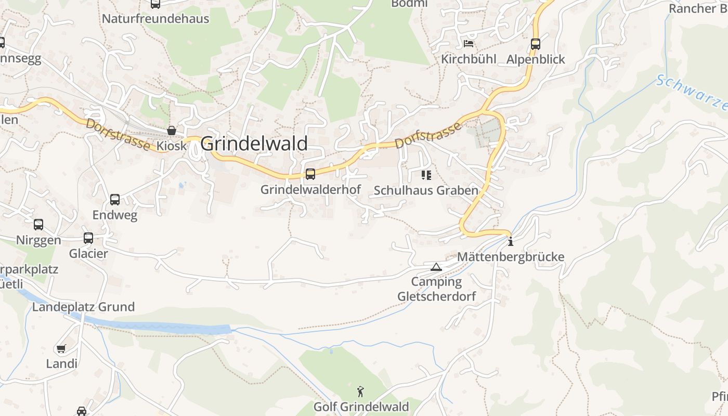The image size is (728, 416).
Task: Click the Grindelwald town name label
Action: click(x=254, y=144)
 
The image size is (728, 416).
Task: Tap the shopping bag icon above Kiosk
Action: click(x=172, y=131)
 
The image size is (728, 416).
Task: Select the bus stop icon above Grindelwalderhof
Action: click(x=310, y=174)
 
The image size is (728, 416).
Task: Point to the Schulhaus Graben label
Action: click(x=426, y=190)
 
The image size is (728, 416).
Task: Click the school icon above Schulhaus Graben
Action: click(x=426, y=175)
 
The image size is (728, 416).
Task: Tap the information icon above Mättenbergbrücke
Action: click(x=511, y=241)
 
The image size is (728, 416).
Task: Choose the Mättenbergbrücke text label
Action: click(x=510, y=257)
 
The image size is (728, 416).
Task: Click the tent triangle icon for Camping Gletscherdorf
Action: click(x=436, y=267)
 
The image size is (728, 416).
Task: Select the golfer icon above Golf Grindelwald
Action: click(x=360, y=391)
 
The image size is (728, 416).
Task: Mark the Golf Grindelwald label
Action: click(x=360, y=406)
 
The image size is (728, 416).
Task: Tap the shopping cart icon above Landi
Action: click(x=61, y=348)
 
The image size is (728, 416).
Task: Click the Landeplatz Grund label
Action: click(x=83, y=307)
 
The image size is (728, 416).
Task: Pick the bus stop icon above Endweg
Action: click(x=115, y=200)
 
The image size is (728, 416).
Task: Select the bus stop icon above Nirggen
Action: click(x=38, y=225)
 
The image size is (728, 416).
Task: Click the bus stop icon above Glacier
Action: click(x=88, y=238)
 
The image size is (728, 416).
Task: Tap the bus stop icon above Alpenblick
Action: click(x=536, y=44)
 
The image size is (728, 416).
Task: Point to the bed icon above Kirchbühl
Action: click(x=469, y=44)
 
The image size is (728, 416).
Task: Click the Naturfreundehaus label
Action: click(x=155, y=19)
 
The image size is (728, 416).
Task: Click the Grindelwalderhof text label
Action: click(x=310, y=190)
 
